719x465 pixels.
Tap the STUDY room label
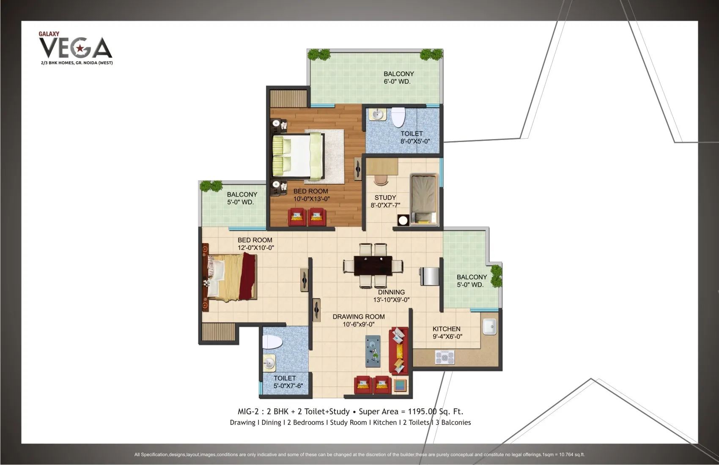coord(385,198)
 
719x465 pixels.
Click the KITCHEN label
coord(446,329)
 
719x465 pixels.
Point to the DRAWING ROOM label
coord(359,317)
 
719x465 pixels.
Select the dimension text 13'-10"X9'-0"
coord(391,300)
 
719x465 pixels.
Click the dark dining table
coord(373,266)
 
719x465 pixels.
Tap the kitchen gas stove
coord(445,357)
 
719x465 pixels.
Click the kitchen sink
coord(490,326)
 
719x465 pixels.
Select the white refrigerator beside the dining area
coord(430,276)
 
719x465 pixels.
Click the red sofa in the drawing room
coord(398,351)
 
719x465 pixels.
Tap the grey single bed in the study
coord(424,200)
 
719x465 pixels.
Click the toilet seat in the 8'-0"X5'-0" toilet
coord(398,117)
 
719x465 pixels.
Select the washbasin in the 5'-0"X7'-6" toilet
coord(269,363)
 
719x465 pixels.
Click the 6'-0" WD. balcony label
coord(399,78)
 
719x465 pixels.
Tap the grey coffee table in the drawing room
coord(373,351)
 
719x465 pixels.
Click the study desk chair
coord(381,180)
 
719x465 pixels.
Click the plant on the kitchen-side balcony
coord(496,276)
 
